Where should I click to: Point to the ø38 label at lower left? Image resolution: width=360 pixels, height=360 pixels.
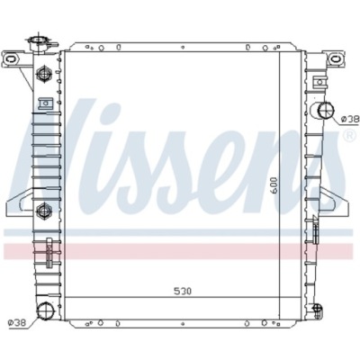coord(16,322)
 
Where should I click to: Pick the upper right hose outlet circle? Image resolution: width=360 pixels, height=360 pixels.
coord(326,112)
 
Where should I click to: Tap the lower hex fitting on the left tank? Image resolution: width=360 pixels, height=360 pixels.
coord(41,211)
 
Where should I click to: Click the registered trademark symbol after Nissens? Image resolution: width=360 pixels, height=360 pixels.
coord(348,137)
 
